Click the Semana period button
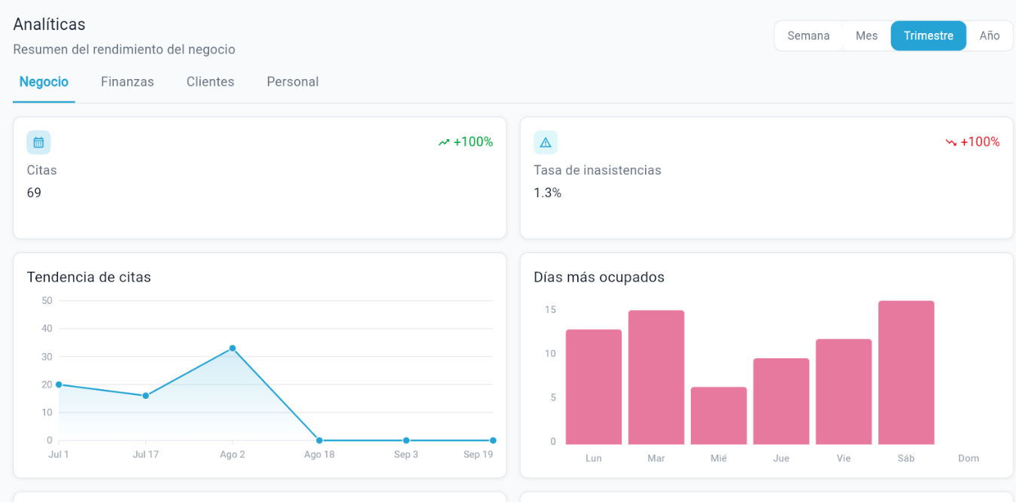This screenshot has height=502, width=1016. tap(808, 36)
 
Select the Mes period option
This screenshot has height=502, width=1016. tap(866, 36)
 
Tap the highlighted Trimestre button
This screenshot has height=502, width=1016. tap(929, 36)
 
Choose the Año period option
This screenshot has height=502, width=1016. tap(989, 36)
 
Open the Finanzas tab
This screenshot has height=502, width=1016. tap(127, 81)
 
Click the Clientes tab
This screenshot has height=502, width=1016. tap(210, 81)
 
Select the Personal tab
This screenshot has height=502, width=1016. tap(293, 81)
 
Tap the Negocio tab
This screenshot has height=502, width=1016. tap(44, 81)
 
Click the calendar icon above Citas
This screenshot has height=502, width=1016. tap(38, 142)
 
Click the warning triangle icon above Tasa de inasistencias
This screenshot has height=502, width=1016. tap(546, 142)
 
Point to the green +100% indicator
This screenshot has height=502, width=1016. tap(465, 142)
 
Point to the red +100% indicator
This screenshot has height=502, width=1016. tap(972, 142)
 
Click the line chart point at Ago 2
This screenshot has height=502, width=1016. tap(233, 348)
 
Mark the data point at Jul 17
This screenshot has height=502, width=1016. tap(145, 396)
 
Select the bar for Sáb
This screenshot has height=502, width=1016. tap(906, 373)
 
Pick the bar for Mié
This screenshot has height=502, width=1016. tap(719, 416)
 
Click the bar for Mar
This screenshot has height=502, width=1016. tap(656, 377)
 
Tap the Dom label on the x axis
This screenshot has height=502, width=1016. tap(969, 458)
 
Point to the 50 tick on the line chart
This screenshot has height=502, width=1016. tap(47, 300)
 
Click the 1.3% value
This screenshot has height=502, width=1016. tap(547, 193)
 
